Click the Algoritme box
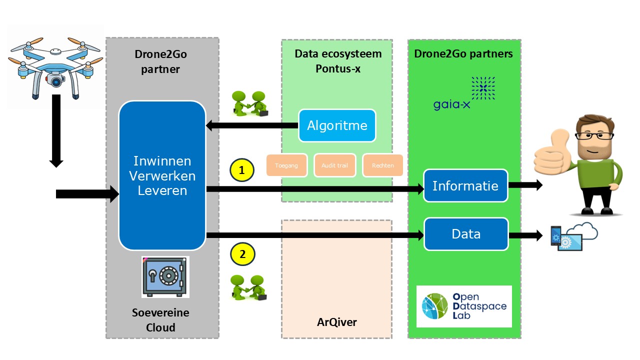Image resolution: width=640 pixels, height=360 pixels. (x=337, y=125)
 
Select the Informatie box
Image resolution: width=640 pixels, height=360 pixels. (x=465, y=186)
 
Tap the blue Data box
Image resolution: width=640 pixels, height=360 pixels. (x=466, y=234)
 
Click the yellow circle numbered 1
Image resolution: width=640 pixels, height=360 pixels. (x=242, y=170)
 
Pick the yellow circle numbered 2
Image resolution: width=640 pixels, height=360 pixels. (x=242, y=254)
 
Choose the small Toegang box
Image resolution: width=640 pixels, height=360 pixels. (x=283, y=165)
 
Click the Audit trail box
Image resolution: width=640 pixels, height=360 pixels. (x=335, y=165)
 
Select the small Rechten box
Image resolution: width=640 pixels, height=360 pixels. (x=382, y=165)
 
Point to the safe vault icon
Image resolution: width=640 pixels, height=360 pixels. (x=164, y=276)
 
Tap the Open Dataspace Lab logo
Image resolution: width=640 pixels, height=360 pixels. (x=464, y=306)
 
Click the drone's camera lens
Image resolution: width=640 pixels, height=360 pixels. (x=56, y=80)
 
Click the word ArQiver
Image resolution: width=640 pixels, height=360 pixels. (x=337, y=322)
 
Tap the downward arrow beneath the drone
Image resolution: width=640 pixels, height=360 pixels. (x=56, y=130)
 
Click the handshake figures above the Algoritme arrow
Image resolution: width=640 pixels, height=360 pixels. (x=248, y=103)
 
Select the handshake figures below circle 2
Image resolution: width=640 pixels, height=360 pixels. (x=248, y=287)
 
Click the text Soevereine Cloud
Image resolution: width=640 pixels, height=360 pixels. (x=161, y=320)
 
